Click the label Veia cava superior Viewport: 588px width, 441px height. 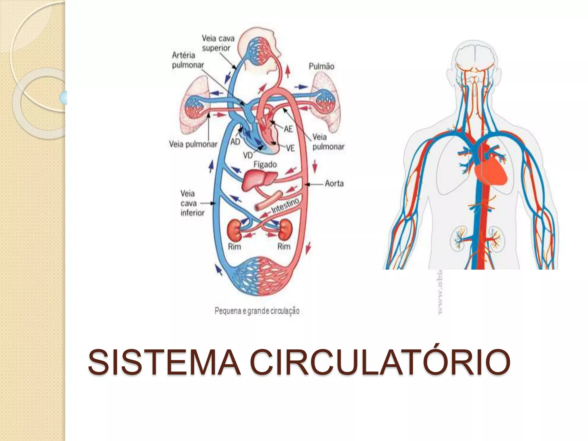click(218, 43)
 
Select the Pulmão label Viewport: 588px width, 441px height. click(321, 67)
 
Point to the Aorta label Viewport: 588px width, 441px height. click(334, 183)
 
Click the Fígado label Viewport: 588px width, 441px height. click(265, 165)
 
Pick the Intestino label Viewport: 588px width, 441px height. click(285, 205)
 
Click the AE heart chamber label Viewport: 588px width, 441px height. click(288, 129)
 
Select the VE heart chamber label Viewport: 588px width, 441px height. click(290, 148)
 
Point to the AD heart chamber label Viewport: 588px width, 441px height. click(235, 142)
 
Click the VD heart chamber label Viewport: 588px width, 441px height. click(248, 155)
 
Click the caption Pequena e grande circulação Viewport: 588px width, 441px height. click(257, 311)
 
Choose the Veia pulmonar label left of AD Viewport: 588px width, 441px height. click(193, 144)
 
